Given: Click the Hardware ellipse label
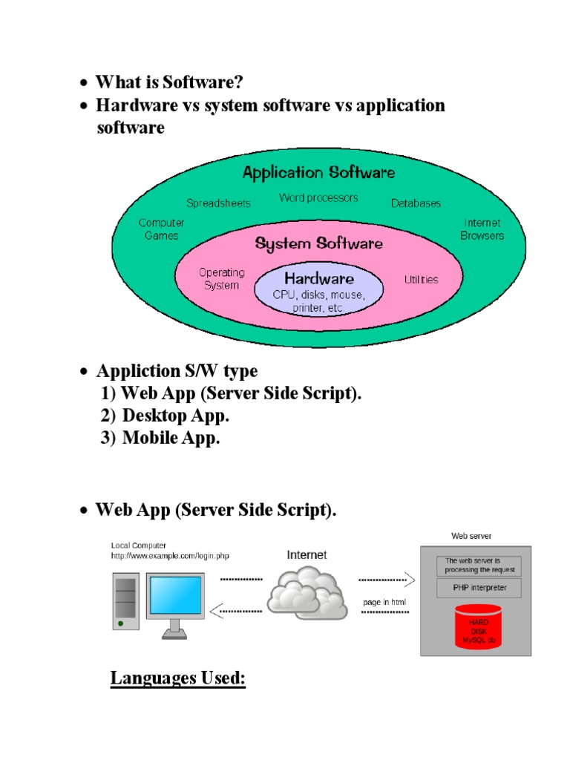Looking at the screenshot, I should click(x=319, y=280).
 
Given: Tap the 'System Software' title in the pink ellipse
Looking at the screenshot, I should click(x=319, y=243).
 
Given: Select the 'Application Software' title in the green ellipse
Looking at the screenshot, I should click(x=319, y=173).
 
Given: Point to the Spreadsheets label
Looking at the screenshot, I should click(x=218, y=203).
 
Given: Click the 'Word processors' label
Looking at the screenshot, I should click(x=318, y=197).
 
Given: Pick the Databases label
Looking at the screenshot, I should click(x=416, y=203).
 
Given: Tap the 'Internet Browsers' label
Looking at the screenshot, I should click(x=482, y=229).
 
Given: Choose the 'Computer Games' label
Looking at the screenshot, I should click(x=162, y=229).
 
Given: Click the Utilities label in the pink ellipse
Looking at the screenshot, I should click(x=421, y=280).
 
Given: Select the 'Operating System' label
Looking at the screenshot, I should click(x=221, y=278).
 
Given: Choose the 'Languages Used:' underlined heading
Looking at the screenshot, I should click(x=177, y=678).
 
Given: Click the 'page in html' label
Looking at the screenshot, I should click(x=384, y=601).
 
